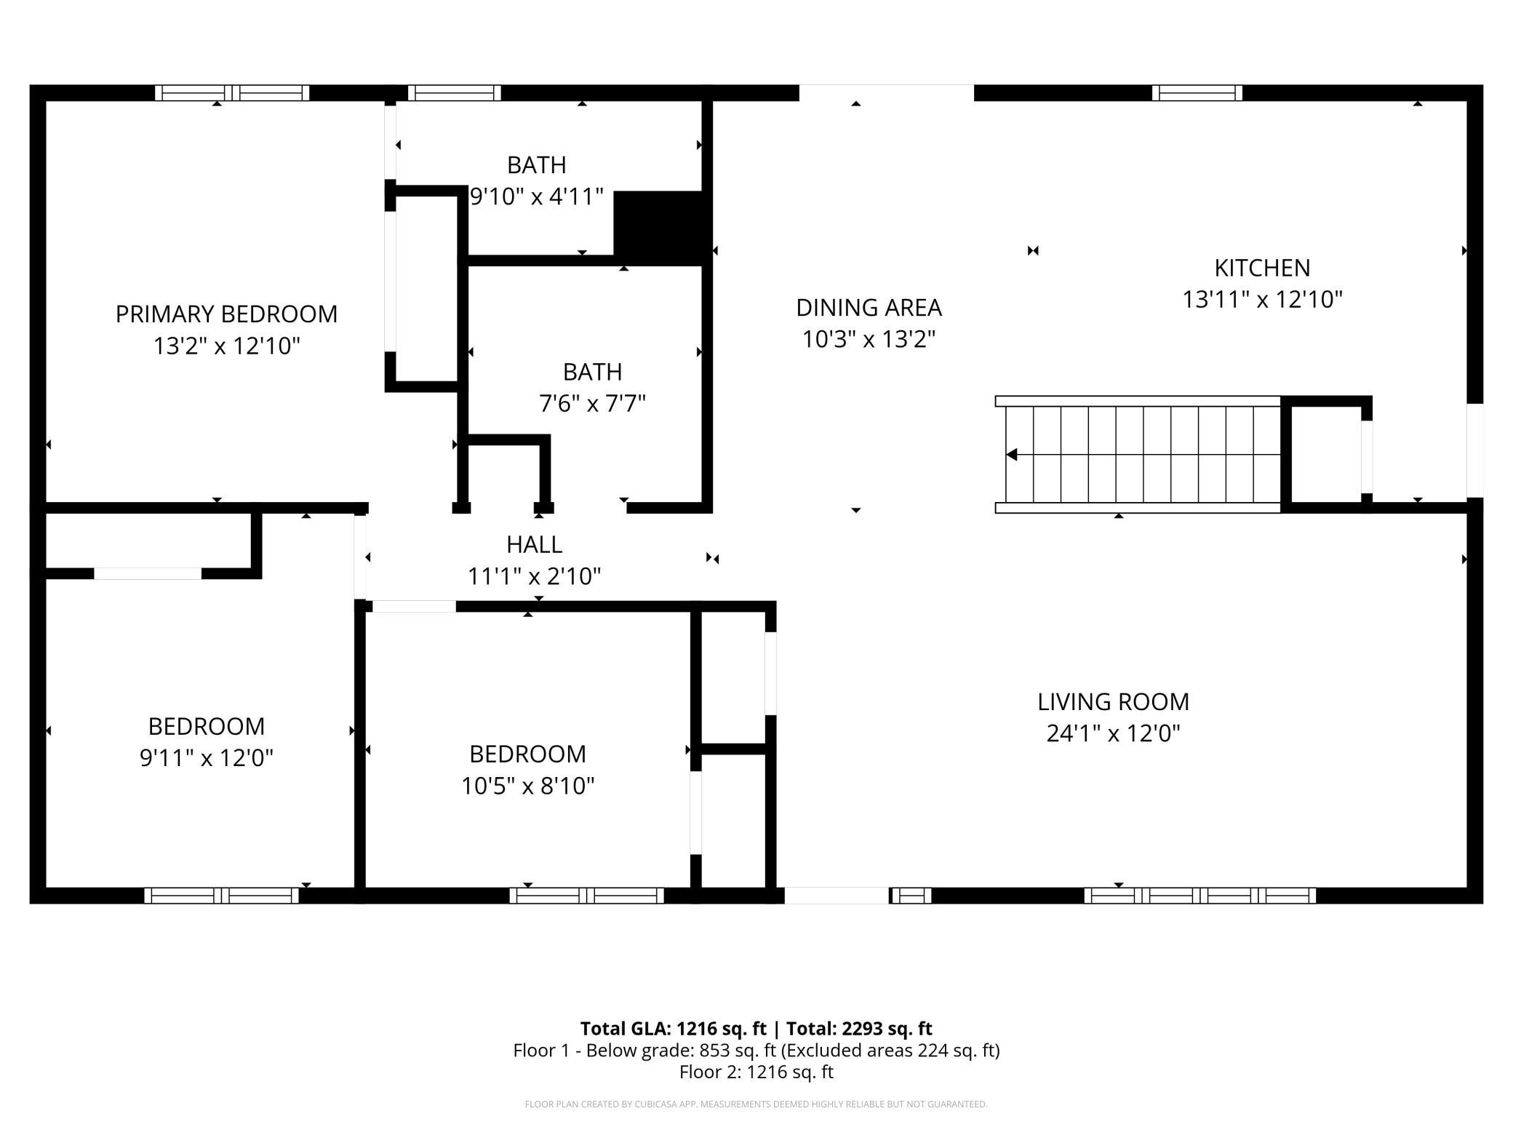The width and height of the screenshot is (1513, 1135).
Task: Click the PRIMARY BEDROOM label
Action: coord(226,314)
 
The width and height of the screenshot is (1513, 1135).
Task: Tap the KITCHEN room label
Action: coord(1262,268)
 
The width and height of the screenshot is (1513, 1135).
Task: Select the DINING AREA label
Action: coord(869,308)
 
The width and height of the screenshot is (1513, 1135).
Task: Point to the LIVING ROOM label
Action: coord(1113,701)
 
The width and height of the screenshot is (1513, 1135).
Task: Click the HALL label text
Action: coord(535,544)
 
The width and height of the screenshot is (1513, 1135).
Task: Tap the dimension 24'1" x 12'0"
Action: coord(1113,733)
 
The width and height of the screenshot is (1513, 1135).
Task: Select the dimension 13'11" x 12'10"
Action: coord(1262,299)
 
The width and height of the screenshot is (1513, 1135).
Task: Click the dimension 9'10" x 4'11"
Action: coord(537,196)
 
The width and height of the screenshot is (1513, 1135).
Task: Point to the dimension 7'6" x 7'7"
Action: coord(592,403)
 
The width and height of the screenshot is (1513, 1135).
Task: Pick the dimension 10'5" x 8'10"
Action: coord(528,786)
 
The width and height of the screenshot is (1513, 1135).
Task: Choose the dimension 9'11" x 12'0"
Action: coord(207,758)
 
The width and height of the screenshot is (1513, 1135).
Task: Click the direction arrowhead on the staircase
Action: coord(1011,455)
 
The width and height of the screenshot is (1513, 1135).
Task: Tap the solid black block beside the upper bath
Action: coord(662,226)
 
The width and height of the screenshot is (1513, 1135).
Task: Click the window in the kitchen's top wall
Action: coord(1197,93)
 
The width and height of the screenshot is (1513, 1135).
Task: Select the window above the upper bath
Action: coord(454,93)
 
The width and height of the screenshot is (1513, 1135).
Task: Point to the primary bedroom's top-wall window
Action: coord(232,93)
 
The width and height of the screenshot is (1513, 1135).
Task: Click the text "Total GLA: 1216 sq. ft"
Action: coord(673,1028)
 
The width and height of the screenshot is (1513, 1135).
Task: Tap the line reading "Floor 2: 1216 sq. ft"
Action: coord(756,1072)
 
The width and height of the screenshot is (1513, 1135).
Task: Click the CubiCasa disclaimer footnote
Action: coord(756,1104)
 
